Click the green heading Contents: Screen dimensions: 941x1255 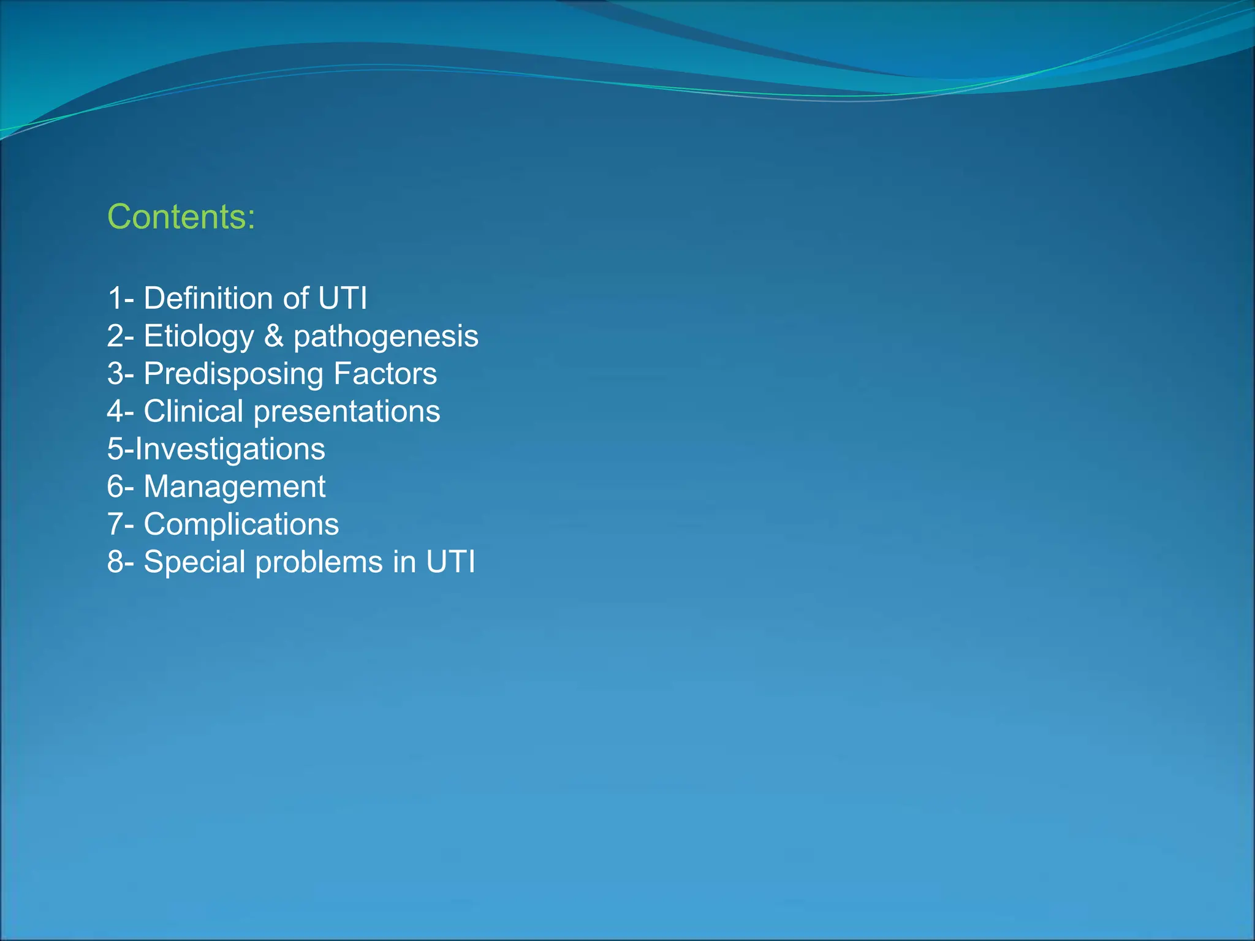coord(181,217)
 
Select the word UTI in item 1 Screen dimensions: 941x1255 coord(342,298)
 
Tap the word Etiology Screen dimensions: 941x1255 coord(199,336)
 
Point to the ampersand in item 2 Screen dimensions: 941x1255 coord(273,336)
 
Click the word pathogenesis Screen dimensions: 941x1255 coord(385,336)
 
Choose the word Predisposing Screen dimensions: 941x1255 coord(233,374)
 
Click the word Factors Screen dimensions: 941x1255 coord(385,374)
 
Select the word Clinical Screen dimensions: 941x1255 coord(194,411)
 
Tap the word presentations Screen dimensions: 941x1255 coord(347,411)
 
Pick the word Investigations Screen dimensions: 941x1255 coord(230,449)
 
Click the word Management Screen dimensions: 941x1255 coord(234,486)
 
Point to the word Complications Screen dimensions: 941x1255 coord(241,524)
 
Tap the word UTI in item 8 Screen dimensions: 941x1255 coord(450,562)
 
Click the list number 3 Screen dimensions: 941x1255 coord(116,374)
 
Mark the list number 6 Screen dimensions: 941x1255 coord(116,486)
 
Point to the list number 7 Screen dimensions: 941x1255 coord(116,524)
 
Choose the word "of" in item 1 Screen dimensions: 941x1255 coord(296,298)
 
